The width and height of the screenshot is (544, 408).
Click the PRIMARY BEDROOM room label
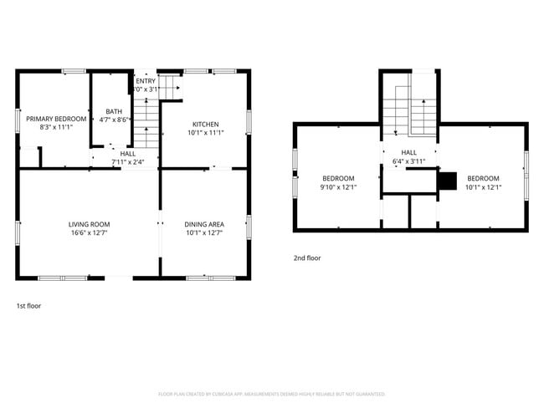click(x=55, y=119)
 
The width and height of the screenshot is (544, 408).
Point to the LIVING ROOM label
click(x=89, y=224)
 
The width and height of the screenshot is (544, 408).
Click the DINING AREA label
click(x=204, y=224)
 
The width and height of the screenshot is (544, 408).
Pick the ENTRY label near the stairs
click(x=146, y=80)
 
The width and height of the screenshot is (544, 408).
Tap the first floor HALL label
click(x=127, y=154)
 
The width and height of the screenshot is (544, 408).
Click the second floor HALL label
click(x=408, y=152)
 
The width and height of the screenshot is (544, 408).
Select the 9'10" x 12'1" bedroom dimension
click(x=338, y=187)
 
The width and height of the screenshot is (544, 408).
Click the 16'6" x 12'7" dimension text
click(x=89, y=232)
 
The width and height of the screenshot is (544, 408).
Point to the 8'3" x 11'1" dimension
click(x=55, y=127)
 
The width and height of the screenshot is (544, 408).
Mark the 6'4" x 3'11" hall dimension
click(x=408, y=161)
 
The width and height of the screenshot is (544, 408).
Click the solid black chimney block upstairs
click(x=448, y=179)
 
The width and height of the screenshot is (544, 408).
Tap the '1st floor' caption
click(x=28, y=306)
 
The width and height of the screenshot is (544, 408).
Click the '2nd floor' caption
click(x=306, y=258)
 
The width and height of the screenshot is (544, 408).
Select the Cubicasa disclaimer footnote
click(x=272, y=393)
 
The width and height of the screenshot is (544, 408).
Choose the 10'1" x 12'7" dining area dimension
click(x=204, y=232)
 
